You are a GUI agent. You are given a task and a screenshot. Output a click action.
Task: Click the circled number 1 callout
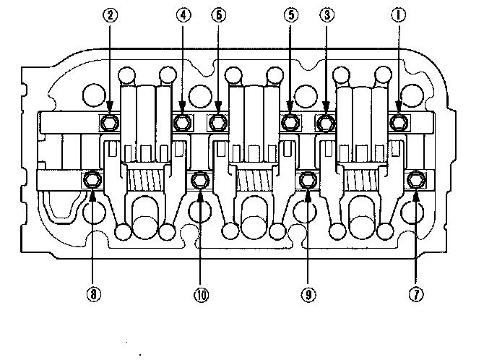[397, 13]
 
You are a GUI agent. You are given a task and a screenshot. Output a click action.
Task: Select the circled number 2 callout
[110, 13]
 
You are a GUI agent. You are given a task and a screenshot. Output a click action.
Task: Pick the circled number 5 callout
[290, 13]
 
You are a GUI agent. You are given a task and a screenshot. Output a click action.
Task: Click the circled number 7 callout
[416, 295]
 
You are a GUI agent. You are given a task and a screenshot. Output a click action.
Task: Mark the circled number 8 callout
[92, 295]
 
